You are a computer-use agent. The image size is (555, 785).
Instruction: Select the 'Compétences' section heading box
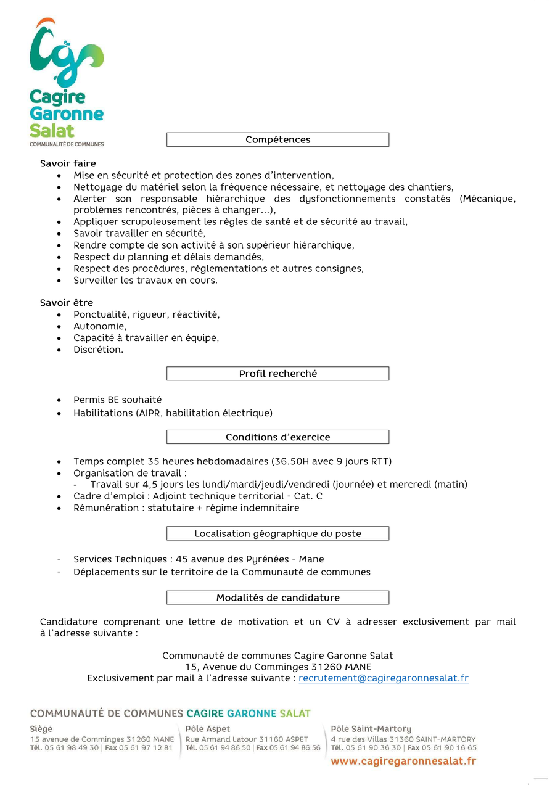(277, 139)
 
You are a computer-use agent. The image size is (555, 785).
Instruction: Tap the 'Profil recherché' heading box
(277, 374)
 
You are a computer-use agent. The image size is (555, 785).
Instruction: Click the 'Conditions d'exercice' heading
(277, 437)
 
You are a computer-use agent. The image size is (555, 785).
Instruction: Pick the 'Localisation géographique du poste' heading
(277, 533)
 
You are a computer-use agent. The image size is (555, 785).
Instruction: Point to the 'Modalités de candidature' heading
(277, 598)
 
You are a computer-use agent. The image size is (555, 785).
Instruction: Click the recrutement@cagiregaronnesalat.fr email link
(383, 678)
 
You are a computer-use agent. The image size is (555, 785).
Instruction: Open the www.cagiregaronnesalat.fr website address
(403, 762)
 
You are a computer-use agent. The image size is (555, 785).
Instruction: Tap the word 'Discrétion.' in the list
(98, 350)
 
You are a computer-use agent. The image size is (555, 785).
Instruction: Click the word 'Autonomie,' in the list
(100, 326)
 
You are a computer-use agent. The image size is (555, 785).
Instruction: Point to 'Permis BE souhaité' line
(117, 400)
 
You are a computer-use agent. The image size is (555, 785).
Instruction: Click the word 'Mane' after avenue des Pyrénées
(311, 559)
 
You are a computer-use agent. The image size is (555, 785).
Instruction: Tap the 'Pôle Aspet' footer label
(208, 729)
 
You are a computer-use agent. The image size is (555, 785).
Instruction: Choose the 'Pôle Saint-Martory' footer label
(371, 729)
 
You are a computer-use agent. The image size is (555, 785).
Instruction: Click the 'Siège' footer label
(41, 729)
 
